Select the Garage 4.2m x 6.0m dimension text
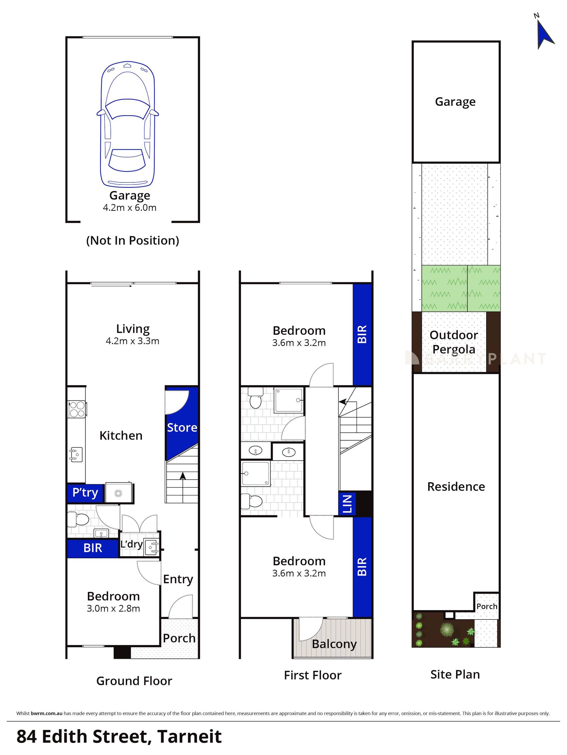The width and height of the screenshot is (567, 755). click(x=129, y=208)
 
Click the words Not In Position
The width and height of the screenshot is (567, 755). click(x=133, y=241)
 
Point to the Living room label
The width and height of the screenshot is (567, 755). click(x=133, y=329)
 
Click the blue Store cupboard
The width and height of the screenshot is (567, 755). click(x=182, y=428)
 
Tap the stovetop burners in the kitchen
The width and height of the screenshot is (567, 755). click(x=77, y=409)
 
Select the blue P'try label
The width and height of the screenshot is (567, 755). click(x=85, y=493)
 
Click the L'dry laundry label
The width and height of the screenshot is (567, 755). click(x=131, y=544)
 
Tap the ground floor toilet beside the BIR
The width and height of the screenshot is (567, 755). click(x=78, y=520)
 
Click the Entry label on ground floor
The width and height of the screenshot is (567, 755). click(x=178, y=579)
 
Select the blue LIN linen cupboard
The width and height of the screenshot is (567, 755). click(x=347, y=503)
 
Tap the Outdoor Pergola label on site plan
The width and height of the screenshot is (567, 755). click(x=453, y=342)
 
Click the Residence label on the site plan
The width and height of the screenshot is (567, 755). click(x=456, y=486)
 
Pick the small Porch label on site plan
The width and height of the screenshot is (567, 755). click(x=487, y=607)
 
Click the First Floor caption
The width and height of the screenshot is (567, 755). click(x=312, y=675)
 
